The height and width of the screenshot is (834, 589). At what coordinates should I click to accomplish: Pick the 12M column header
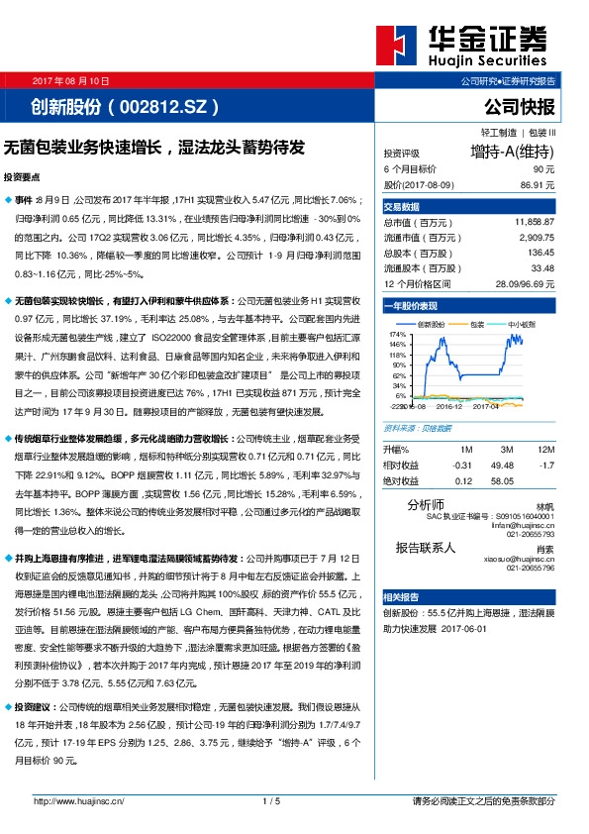[544, 450]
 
